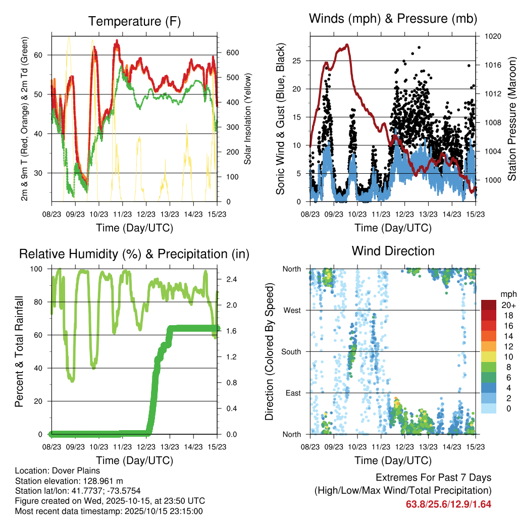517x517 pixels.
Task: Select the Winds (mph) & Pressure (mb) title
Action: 393,19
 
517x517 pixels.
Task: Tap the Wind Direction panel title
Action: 393,250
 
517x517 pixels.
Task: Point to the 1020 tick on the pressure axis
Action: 492,36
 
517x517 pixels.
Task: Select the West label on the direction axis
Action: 292,310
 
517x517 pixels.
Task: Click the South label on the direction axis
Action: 291,351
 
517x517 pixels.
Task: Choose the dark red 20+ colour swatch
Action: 489,305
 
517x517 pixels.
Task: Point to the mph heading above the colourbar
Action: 507,294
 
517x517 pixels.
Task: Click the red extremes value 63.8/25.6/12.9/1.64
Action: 448,504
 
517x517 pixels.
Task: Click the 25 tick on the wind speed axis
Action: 297,61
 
